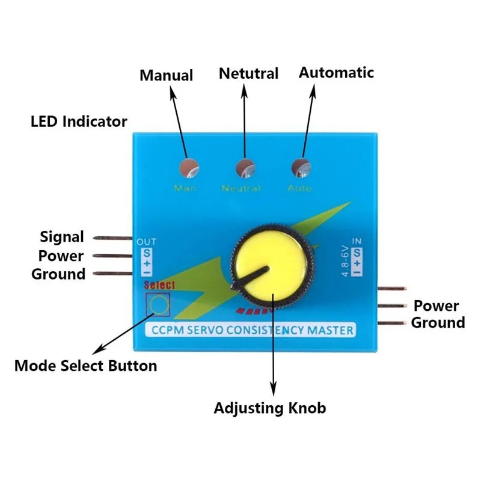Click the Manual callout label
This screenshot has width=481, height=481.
pyautogui.click(x=166, y=75)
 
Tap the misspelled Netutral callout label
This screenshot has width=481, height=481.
pyautogui.click(x=248, y=73)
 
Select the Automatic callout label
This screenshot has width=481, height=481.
pyautogui.click(x=336, y=73)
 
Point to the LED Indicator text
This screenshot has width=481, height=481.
pyautogui.click(x=79, y=121)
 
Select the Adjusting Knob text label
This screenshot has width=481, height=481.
pyautogui.click(x=270, y=408)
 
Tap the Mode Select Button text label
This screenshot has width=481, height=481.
pyautogui.click(x=86, y=365)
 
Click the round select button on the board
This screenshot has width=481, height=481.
pyautogui.click(x=159, y=305)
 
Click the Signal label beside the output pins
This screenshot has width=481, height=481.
pyautogui.click(x=62, y=236)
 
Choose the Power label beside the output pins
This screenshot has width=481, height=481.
pyautogui.click(x=61, y=256)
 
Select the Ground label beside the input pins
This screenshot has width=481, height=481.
pyautogui.click(x=438, y=322)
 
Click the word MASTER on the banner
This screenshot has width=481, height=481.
pyautogui.click(x=330, y=329)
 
